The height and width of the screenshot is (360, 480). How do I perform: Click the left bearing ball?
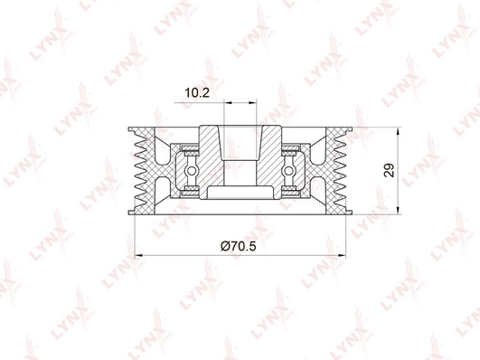191,169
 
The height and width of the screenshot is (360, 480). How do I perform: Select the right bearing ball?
289,169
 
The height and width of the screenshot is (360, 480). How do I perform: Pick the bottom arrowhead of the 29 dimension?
400,212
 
